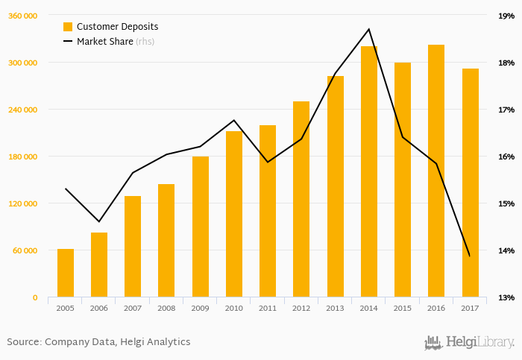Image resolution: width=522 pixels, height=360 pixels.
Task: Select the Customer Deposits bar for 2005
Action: point(66,273)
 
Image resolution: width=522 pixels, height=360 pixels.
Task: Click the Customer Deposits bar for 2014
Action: point(369,171)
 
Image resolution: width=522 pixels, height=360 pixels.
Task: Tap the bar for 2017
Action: point(470,183)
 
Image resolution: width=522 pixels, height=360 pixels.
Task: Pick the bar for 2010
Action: point(234,214)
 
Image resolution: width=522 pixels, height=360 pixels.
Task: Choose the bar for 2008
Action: point(166,240)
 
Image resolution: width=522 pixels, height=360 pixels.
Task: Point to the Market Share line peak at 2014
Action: point(369,29)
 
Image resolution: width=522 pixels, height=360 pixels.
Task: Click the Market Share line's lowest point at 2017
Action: point(470,256)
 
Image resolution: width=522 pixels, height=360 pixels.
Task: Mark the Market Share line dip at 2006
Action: point(99,221)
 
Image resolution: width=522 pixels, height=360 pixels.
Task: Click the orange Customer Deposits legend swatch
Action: point(69,27)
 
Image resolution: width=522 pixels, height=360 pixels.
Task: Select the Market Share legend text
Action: point(105,42)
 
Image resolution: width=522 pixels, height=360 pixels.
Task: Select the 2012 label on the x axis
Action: point(301,308)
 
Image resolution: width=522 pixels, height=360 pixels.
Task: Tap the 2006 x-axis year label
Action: point(99,308)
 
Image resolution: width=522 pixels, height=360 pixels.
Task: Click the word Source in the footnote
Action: point(23,342)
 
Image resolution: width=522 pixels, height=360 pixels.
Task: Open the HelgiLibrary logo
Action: point(469,342)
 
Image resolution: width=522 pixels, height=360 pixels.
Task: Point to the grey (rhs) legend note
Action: point(145,42)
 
